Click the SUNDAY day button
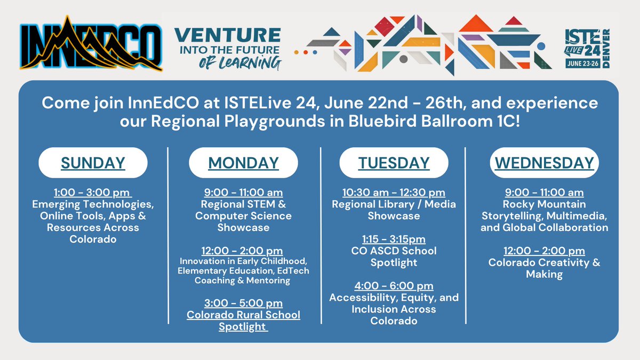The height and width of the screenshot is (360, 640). point(93,163)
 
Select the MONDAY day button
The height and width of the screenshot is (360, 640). point(243,163)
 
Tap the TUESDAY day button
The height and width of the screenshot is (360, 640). point(394,163)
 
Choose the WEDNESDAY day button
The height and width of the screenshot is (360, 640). point(544,163)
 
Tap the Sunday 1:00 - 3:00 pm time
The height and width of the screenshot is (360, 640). point(93,193)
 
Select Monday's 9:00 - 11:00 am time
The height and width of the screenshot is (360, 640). point(243,193)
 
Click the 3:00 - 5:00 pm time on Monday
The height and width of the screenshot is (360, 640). point(243,303)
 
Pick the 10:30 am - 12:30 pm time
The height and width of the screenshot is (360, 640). point(394,193)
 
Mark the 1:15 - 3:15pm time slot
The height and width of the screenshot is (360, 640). point(394,239)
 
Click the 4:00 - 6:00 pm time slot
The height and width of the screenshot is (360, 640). point(394,286)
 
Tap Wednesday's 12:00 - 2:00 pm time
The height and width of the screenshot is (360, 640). point(544,251)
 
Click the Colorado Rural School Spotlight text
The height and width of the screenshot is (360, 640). point(243,321)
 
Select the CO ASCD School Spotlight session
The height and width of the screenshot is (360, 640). point(394,257)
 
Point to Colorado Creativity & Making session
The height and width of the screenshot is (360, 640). point(544,268)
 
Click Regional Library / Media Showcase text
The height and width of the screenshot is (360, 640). point(394,210)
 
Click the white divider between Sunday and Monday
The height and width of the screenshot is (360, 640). point(168,235)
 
